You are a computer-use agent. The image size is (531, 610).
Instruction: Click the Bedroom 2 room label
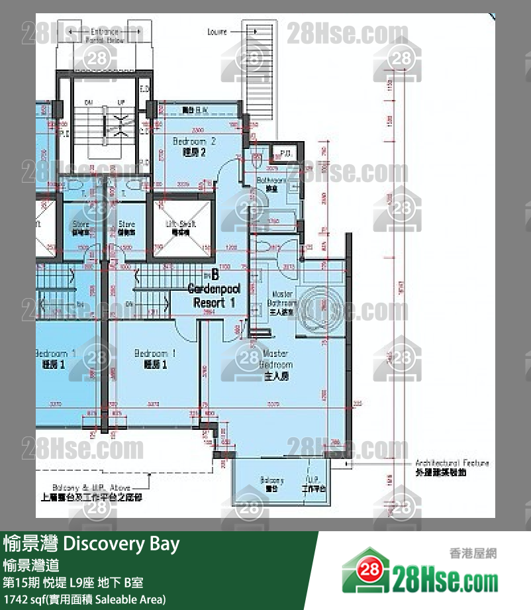tap(194, 146)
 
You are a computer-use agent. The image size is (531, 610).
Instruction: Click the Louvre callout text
tap(217, 32)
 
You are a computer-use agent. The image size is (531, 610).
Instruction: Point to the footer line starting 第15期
tap(73, 583)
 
